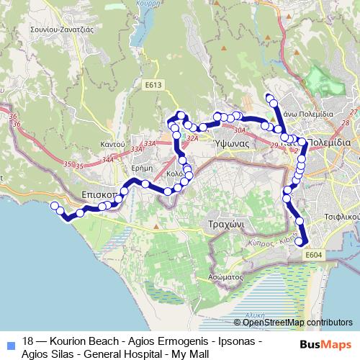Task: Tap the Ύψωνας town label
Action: pos(232,143)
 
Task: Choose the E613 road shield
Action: pos(152,85)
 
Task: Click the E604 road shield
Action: pos(314,255)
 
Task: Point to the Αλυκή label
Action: pos(252,315)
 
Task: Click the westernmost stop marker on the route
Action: pos(54,206)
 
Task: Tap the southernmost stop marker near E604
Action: pos(300,251)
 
